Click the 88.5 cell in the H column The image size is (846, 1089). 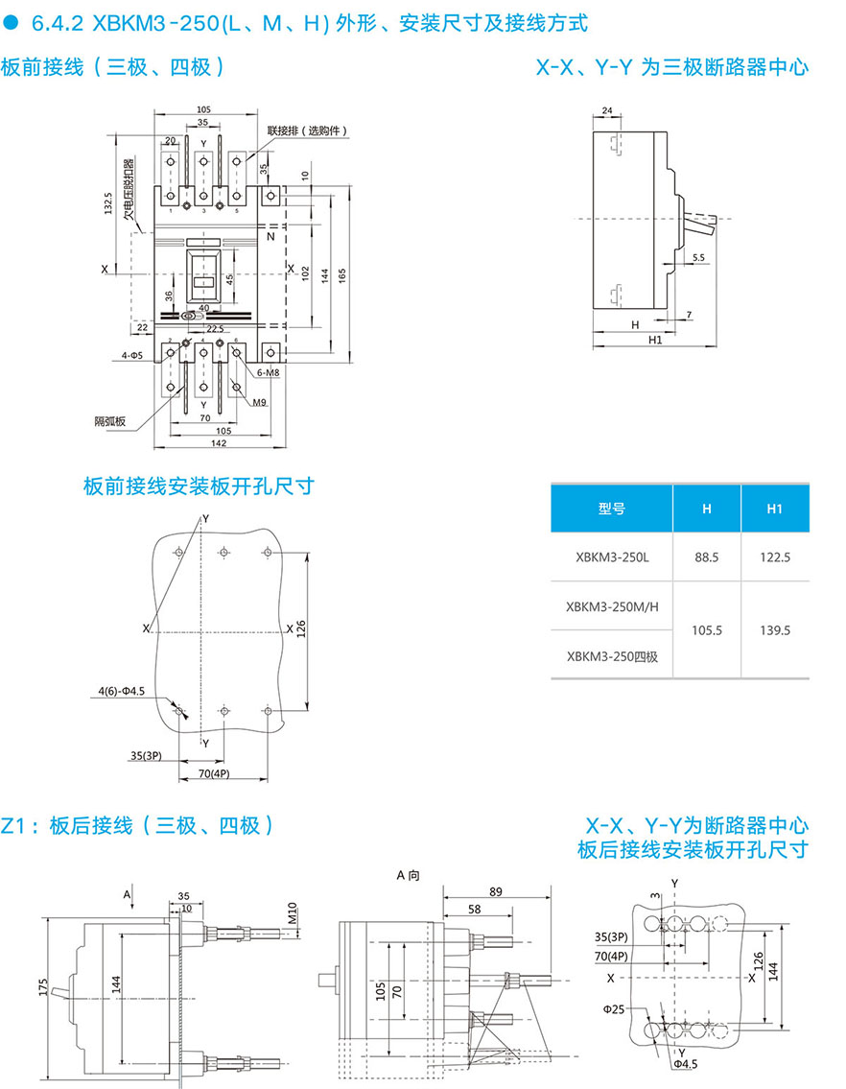pyautogui.click(x=706, y=556)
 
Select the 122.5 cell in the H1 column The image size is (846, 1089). pyautogui.click(x=775, y=556)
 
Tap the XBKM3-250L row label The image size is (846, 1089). pyautogui.click(x=612, y=556)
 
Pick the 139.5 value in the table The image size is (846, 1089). pyautogui.click(x=775, y=630)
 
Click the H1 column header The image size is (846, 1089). pyautogui.click(x=775, y=509)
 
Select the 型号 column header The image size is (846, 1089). pyautogui.click(x=612, y=509)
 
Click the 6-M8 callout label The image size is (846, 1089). pyautogui.click(x=268, y=371)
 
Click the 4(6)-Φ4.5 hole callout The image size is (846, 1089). pyautogui.click(x=120, y=691)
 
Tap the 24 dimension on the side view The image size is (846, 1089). pyautogui.click(x=606, y=111)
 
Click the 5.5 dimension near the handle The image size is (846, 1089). pyautogui.click(x=697, y=257)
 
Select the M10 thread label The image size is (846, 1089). pyautogui.click(x=292, y=914)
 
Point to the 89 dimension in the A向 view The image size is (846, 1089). pyautogui.click(x=495, y=891)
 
